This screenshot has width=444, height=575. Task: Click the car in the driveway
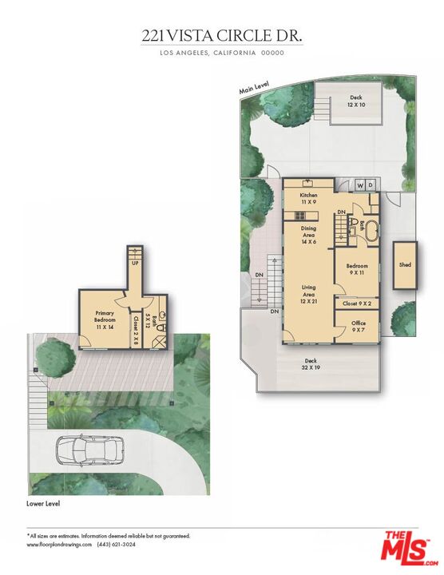89,450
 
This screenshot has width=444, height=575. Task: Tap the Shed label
405,264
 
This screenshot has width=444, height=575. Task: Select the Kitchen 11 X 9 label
308,199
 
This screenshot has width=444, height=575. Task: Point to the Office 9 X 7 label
358,327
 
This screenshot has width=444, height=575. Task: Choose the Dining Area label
308,235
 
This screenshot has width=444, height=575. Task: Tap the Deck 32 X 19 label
311,364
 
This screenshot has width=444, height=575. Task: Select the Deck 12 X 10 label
355,101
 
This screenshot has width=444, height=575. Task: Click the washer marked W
360,186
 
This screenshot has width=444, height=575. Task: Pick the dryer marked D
371,186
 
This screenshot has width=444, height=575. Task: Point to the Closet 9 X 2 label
357,303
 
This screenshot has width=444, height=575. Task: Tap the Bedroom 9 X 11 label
357,269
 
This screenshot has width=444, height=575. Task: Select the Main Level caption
254,87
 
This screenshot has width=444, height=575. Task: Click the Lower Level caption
43,504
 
